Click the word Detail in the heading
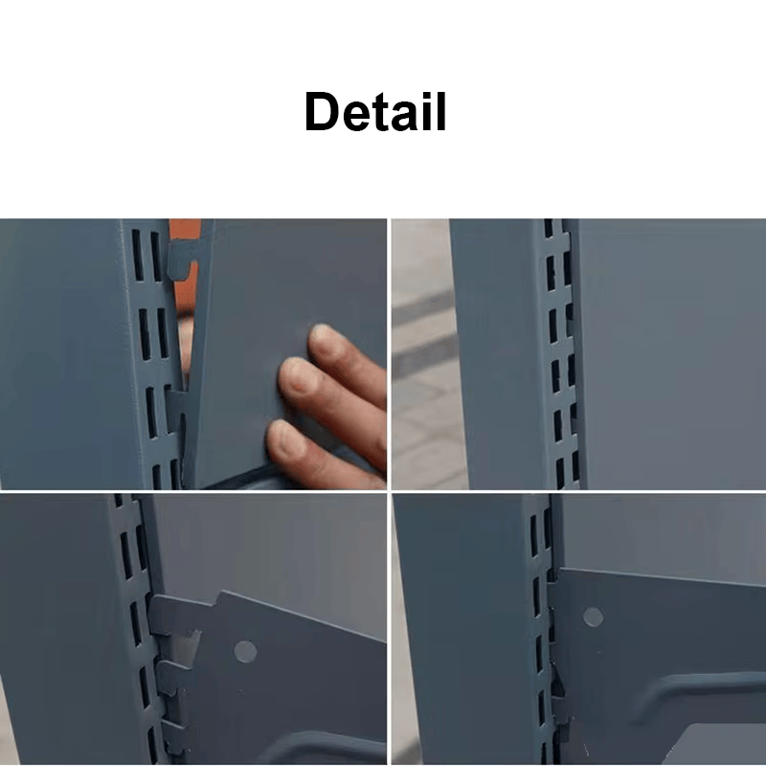375,111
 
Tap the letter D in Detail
323,111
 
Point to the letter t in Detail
382,113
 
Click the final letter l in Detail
441,111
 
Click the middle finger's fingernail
296,373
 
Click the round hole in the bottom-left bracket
245,652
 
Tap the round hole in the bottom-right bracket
593,618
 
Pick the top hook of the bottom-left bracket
169,616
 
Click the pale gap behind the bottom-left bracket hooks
187,644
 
